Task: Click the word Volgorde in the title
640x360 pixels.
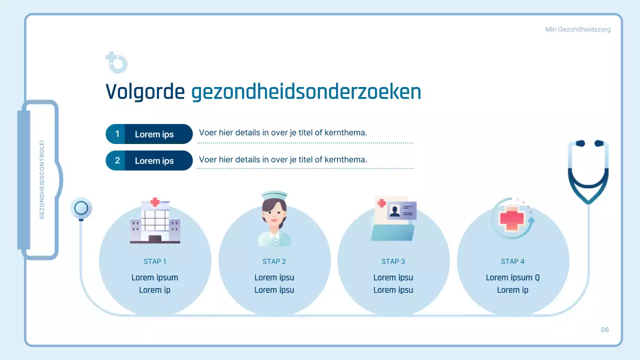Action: (x=145, y=92)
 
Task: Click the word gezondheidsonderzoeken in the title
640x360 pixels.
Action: (x=306, y=92)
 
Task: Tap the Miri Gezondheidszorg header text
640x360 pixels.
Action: (x=577, y=29)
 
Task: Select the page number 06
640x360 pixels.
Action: (x=605, y=329)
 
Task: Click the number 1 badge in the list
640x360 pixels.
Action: (x=117, y=134)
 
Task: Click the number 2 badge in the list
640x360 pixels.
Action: (x=117, y=160)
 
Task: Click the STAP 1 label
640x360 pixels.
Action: (x=155, y=261)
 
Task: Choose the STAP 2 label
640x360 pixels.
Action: (x=274, y=261)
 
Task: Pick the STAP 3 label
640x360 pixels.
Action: (x=393, y=261)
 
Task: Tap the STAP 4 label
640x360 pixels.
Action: (x=512, y=261)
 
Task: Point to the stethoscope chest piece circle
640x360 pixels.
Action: (x=81, y=208)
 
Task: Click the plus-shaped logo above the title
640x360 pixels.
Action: (x=116, y=62)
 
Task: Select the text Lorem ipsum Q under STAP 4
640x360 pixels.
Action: (x=512, y=277)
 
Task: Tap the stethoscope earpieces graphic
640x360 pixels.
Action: (x=588, y=170)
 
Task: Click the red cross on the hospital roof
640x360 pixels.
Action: (x=155, y=202)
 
